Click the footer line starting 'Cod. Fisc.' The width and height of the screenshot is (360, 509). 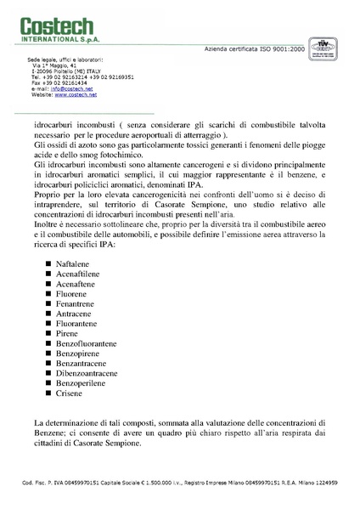click(x=179, y=482)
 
